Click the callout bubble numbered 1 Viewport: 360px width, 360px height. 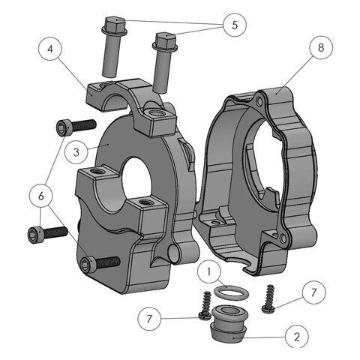tap(209, 271)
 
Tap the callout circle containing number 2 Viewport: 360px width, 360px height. tap(297, 337)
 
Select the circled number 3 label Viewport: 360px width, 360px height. tap(76, 152)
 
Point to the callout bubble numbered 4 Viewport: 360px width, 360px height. tap(50, 49)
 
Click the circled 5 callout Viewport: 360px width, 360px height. tap(235, 25)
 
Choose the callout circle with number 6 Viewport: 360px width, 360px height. tap(41, 196)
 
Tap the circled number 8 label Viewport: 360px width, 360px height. tap(321, 47)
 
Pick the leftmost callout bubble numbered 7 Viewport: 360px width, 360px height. tap(149, 319)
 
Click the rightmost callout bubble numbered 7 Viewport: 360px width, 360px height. tap(313, 292)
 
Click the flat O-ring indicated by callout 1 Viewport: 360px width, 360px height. tap(231, 292)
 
